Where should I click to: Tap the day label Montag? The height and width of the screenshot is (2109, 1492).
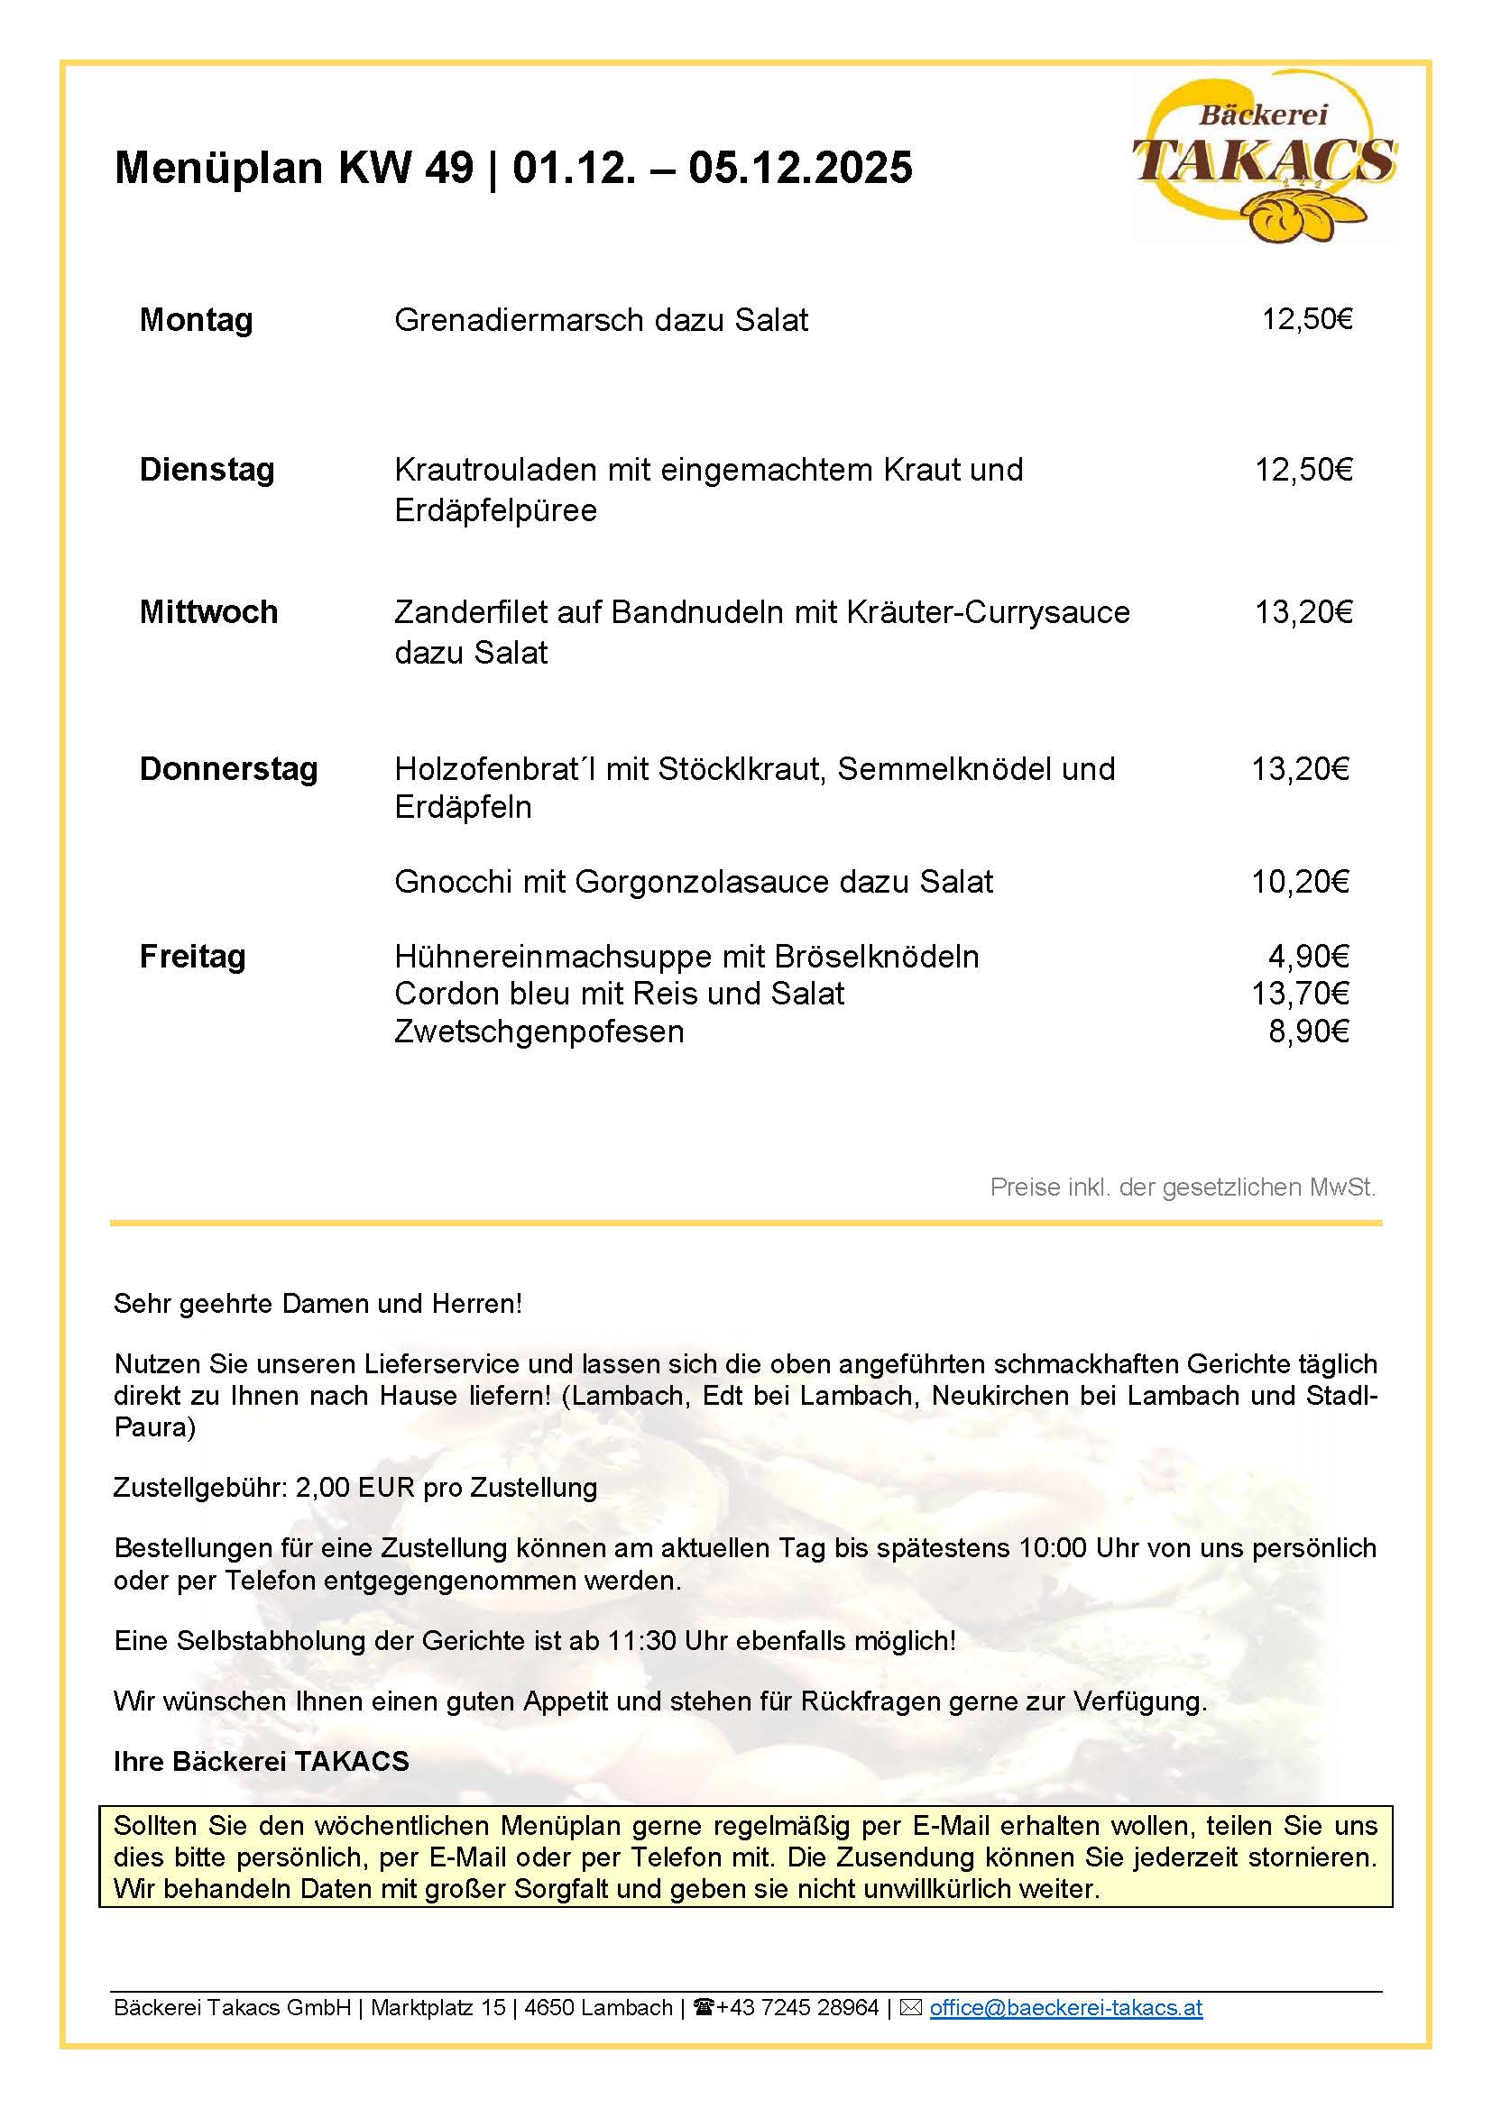click(196, 320)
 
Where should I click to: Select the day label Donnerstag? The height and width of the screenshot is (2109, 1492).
click(228, 768)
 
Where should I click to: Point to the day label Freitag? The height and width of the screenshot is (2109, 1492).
click(192, 956)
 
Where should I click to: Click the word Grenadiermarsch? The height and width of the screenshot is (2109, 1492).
click(519, 320)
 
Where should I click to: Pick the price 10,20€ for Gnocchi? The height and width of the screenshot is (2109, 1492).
click(1300, 882)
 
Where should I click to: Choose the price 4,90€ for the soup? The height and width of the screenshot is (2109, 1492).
click(1308, 956)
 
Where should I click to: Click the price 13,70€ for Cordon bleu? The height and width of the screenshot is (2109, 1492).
click(1300, 993)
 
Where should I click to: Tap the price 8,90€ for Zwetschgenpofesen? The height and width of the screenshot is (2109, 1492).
click(1308, 1032)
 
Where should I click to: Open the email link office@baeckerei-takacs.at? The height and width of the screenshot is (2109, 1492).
click(1065, 2008)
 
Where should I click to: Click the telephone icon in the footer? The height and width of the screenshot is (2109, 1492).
click(705, 2008)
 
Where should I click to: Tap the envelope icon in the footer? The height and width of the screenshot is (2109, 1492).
click(910, 2008)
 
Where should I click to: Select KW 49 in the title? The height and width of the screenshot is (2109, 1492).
click(406, 167)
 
